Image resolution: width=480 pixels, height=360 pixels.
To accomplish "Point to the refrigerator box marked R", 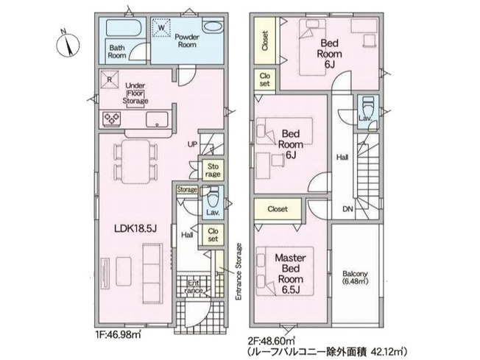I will [x=109, y=80].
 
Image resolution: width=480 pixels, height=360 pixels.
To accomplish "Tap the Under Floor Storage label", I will [x=137, y=93].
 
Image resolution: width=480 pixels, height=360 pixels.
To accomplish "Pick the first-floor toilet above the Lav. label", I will [x=212, y=197].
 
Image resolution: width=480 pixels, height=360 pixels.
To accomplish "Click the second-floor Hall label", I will [x=342, y=157].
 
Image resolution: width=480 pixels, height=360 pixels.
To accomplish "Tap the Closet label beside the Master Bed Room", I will [x=277, y=208].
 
